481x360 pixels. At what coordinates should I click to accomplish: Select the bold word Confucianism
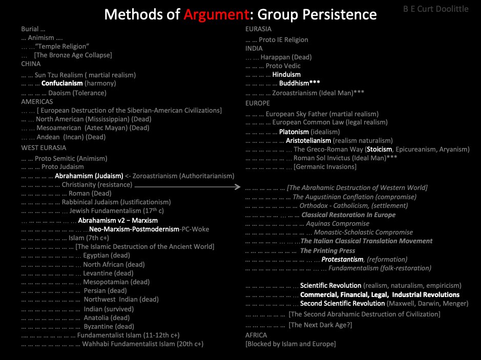62,83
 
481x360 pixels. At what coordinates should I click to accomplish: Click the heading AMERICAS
37,102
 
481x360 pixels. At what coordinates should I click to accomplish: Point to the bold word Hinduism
286,74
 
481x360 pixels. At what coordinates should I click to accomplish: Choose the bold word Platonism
294,132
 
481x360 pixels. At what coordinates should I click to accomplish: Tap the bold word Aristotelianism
308,140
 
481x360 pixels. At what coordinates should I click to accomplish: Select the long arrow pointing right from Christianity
187,187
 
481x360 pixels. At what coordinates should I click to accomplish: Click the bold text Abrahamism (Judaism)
89,176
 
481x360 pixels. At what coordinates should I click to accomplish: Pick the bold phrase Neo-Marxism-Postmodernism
134,229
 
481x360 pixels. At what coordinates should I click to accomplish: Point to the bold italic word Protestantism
342,259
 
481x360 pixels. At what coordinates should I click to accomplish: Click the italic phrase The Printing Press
327,250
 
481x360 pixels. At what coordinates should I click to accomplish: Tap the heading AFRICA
256,335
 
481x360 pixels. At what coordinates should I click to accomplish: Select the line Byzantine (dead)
109,326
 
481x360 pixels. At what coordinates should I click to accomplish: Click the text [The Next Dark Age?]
320,325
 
